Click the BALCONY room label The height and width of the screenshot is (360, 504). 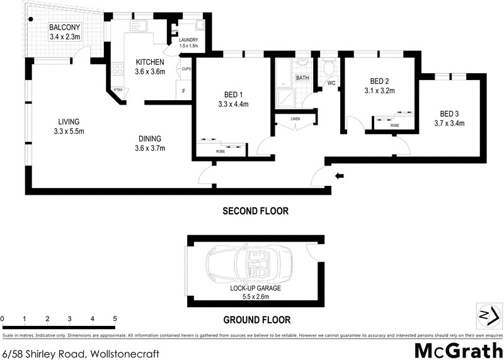(65, 27)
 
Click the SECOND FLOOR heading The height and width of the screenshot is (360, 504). (255, 211)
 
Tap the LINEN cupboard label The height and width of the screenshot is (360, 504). (295, 119)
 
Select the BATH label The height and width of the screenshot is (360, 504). (303, 78)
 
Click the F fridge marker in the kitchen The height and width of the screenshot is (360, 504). (183, 91)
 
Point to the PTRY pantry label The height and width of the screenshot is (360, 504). (118, 91)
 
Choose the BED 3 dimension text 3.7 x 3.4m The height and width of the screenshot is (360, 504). (449, 124)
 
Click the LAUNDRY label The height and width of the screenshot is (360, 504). (188, 40)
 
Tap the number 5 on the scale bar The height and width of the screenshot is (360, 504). (115, 319)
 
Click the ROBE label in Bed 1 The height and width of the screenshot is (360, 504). (220, 151)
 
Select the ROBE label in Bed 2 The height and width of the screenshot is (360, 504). (394, 125)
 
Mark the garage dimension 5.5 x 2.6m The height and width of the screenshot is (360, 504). (255, 296)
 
